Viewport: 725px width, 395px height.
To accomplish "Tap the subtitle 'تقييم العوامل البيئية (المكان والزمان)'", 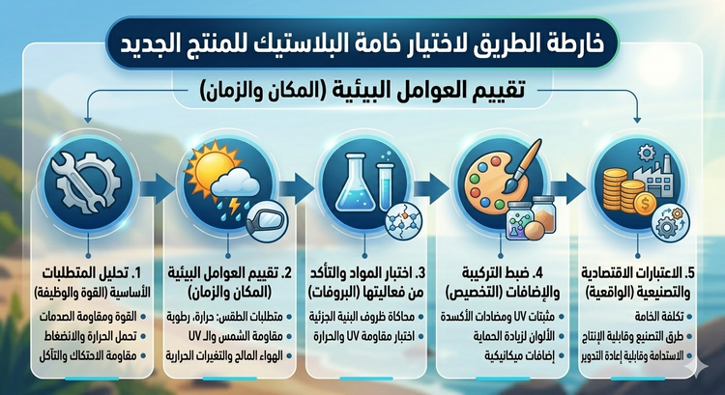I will (362, 92).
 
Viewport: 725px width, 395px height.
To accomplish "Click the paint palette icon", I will (492, 179).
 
